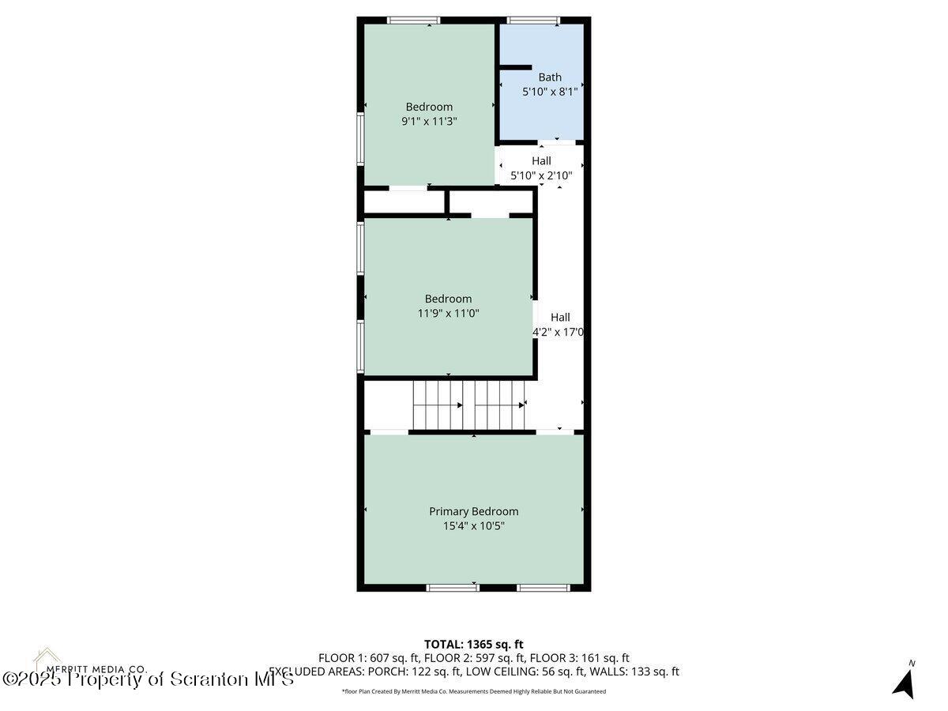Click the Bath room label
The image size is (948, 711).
coord(550,77)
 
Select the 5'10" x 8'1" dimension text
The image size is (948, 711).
coord(550,92)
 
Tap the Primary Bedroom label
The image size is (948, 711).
coord(473,511)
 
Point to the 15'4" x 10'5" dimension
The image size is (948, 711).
coord(473,525)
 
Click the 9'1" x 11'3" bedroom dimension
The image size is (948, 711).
coord(429,122)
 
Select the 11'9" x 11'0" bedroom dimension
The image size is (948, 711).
coord(448,313)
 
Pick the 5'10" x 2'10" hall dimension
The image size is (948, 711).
coord(541,175)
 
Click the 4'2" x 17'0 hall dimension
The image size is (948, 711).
coord(559,333)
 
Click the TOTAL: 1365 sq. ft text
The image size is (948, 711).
coord(473,644)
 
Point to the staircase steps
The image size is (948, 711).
coord(468,404)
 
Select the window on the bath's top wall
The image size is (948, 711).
coord(533,20)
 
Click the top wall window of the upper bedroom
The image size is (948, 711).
coord(413,20)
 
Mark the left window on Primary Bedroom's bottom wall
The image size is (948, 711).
coord(452,588)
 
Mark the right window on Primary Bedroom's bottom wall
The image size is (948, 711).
coord(544,588)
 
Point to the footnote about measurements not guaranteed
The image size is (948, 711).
coord(473,691)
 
